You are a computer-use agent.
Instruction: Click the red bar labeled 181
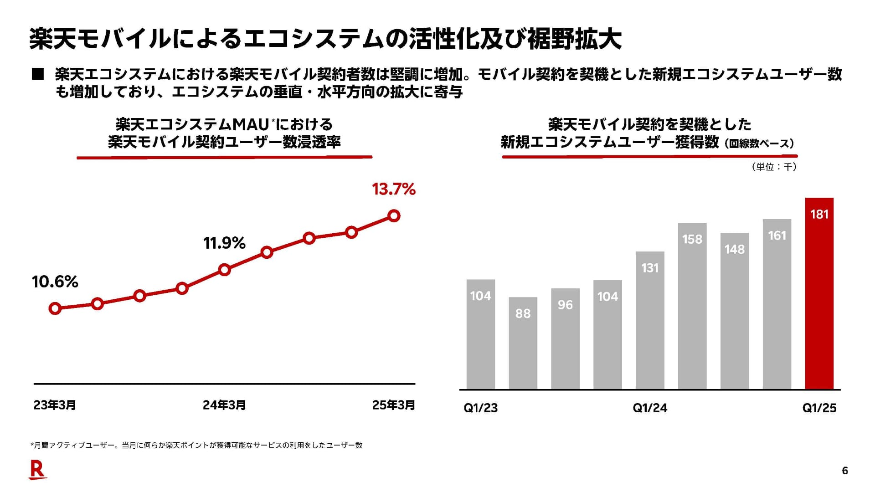pos(819,293)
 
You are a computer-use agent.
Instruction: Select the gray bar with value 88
pos(523,343)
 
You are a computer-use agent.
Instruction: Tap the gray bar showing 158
pos(692,306)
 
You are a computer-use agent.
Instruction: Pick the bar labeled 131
pos(650,320)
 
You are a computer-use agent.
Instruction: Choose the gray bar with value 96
pos(565,339)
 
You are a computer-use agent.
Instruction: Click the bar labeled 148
pos(735,311)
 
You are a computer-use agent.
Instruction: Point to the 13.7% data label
pos(394,189)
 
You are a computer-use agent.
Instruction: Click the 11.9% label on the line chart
pos(224,243)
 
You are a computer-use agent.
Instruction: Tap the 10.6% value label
pos(55,282)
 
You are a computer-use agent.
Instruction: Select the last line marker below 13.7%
pos(394,215)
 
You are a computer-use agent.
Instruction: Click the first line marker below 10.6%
pos(55,308)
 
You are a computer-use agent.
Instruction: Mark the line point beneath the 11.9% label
pos(224,270)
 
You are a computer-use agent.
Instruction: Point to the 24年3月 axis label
pos(224,405)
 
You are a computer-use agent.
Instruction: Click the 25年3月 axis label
pos(394,405)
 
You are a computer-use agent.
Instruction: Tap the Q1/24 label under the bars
pos(650,408)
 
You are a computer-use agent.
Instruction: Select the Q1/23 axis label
pos(481,408)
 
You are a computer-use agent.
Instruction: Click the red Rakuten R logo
pos(38,470)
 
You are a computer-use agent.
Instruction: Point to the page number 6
pos(845,471)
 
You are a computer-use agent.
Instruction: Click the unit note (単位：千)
pos(774,167)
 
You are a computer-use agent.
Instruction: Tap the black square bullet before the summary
pos(38,74)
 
